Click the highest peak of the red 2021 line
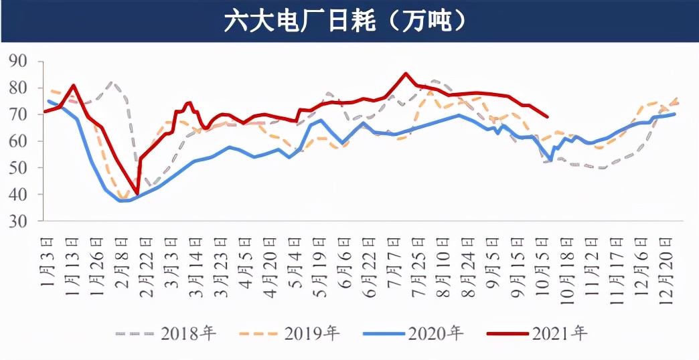[x=405, y=74]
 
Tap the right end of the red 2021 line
[x=548, y=116]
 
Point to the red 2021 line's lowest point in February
[x=137, y=193]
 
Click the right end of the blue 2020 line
[x=674, y=114]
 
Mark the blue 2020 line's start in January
[x=48, y=101]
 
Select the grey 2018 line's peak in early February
[x=112, y=83]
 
